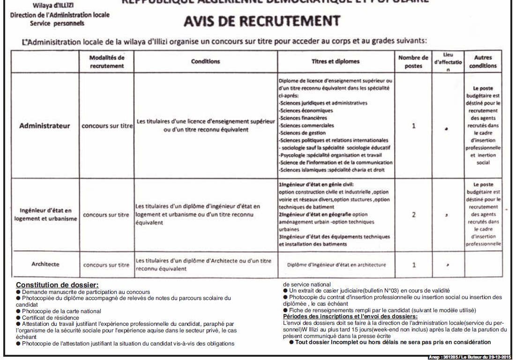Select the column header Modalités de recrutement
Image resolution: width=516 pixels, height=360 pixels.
click(107, 61)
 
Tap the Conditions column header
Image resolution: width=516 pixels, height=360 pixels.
click(205, 61)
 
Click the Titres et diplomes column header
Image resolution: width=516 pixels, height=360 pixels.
click(336, 61)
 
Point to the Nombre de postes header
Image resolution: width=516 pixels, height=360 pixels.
click(413, 61)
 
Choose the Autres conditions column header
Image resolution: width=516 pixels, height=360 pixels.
click(482, 61)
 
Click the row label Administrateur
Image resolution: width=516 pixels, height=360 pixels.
click(45, 126)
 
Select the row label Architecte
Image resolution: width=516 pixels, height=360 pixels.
click(45, 264)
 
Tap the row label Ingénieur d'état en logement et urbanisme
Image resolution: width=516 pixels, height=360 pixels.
click(45, 215)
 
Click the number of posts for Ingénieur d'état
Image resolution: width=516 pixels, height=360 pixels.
click(413, 215)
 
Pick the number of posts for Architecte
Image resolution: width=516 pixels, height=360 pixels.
click(413, 265)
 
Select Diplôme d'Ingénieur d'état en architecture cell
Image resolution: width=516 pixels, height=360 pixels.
click(336, 265)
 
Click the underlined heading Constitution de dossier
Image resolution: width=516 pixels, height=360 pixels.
click(58, 285)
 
